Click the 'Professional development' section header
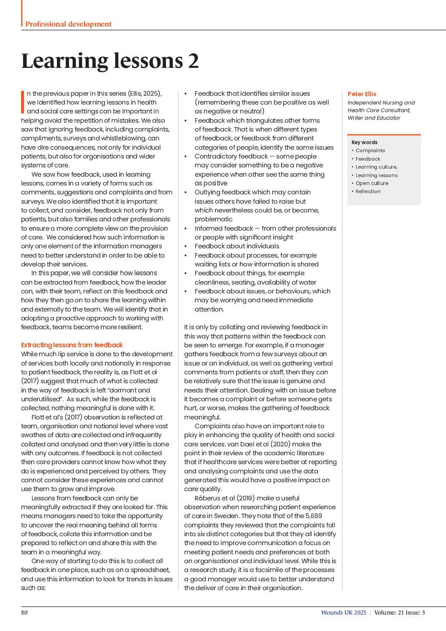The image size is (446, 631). coord(68,24)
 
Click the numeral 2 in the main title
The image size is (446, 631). coord(193,61)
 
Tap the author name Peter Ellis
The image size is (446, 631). coord(362,94)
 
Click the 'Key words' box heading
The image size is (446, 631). coord(364,142)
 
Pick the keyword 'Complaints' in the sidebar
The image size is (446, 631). coord(370,150)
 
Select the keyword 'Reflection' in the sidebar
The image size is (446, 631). coord(368,191)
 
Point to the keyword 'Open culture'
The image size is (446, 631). coord(372,183)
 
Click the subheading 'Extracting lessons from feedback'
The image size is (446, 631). coord(72,345)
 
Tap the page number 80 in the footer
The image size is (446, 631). coord(24,612)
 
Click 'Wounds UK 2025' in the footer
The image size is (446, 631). coord(344,612)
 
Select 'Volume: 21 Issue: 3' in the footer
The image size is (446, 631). coord(399,612)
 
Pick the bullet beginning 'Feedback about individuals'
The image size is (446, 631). coord(236,246)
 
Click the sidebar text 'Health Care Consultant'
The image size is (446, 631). coord(378,110)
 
